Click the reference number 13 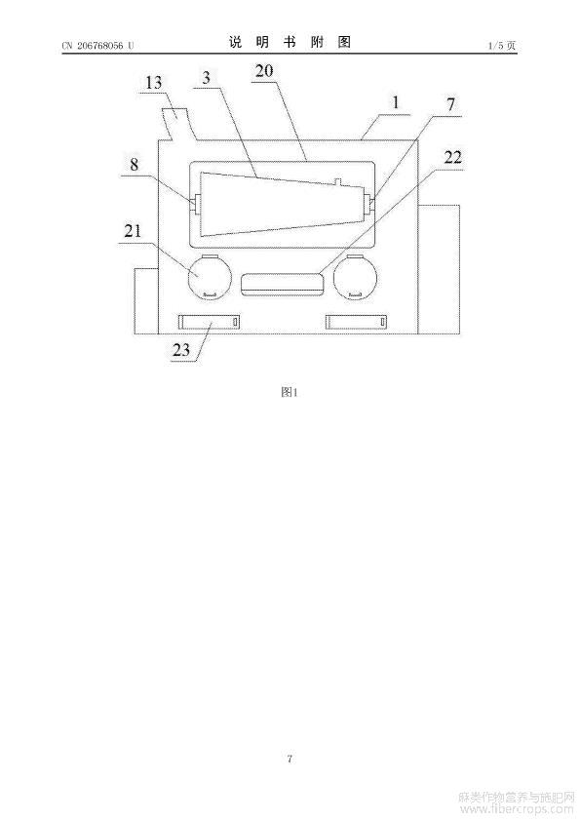point(153,83)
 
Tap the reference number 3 point(207,77)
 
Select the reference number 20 point(264,70)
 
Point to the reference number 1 point(396,102)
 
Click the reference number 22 point(453,157)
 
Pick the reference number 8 point(134,165)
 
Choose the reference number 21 point(132,230)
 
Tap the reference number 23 point(181,349)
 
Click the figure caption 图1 point(289,392)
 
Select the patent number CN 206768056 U point(97,46)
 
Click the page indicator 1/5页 point(502,46)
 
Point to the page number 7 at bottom point(290,759)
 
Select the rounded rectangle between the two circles point(282,285)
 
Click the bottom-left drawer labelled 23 point(210,322)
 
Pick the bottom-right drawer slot point(358,322)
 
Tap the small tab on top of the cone point(337,181)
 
